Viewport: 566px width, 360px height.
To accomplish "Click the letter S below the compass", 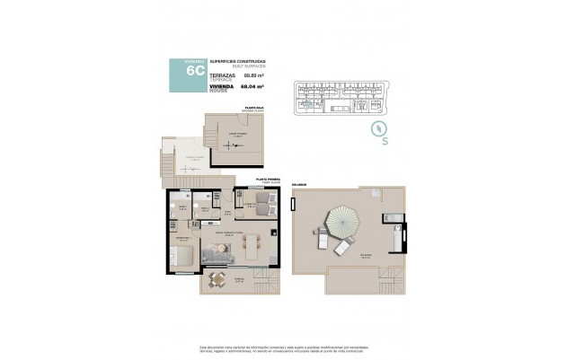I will click(385, 142).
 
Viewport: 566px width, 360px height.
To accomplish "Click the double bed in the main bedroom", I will click(185, 256).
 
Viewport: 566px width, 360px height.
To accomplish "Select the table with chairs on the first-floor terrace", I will click(216, 280).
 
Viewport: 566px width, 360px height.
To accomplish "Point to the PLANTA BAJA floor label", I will click(253, 108).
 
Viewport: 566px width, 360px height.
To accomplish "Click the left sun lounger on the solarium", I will click(322, 240).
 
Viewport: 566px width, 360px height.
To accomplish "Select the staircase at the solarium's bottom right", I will click(392, 283).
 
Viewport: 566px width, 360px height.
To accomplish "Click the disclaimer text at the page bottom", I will click(282, 348).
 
